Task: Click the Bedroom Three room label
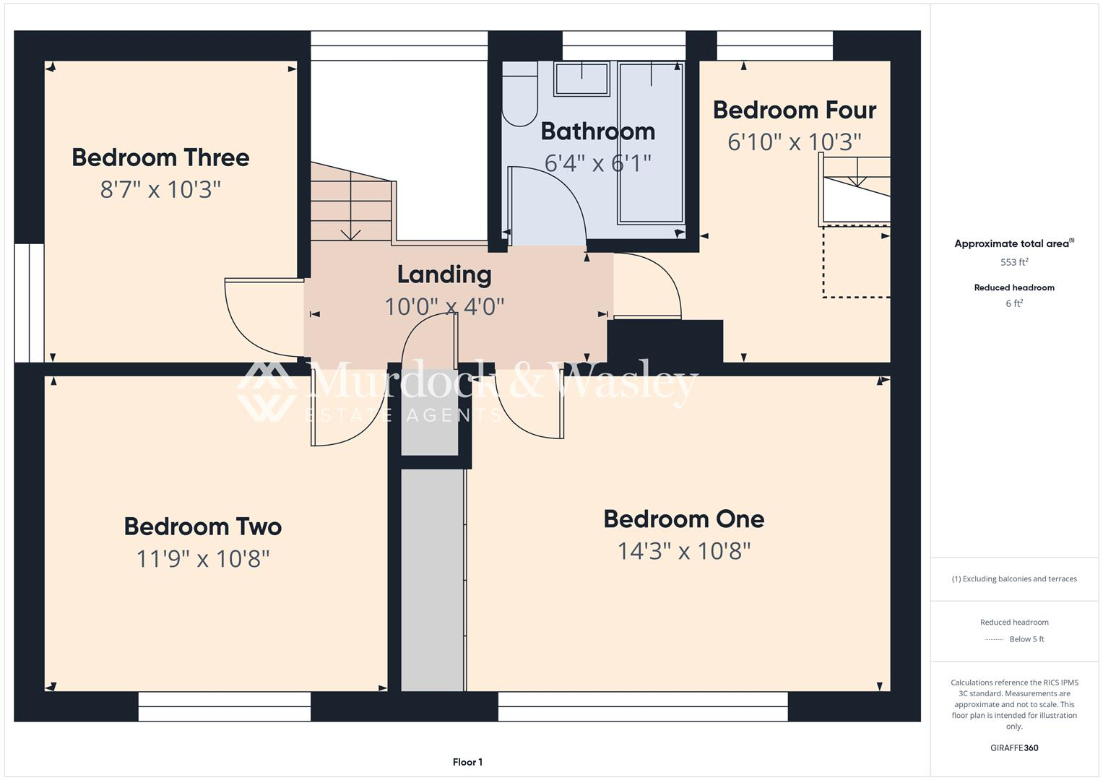tap(160, 157)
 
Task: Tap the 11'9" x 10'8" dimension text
tap(203, 558)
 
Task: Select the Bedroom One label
tap(683, 519)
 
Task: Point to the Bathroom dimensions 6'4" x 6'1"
tap(597, 163)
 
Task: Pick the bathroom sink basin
tap(581, 79)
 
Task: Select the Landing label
tap(444, 274)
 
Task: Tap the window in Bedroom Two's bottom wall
tap(225, 706)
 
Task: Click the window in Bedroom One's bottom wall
tap(643, 706)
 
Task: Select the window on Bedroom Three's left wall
tap(29, 303)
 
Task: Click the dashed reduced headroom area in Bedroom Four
tap(856, 261)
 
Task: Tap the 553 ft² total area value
tap(1014, 262)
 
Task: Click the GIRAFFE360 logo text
tap(1014, 747)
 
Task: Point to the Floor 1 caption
tap(467, 762)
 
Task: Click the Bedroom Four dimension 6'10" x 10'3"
tap(794, 142)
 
